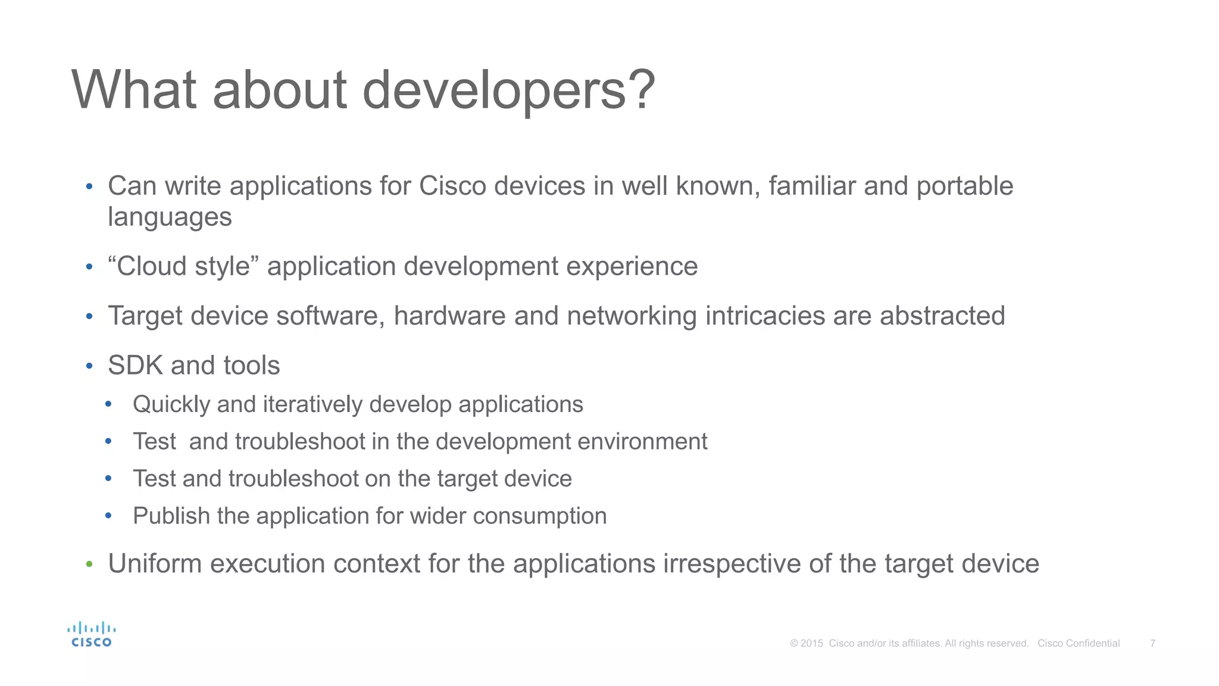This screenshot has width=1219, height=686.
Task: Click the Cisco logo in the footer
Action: [91, 635]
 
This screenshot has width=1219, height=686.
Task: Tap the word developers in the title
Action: [494, 91]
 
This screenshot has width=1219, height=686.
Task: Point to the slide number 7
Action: [1152, 643]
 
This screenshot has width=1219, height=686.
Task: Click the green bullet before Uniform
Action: [89, 564]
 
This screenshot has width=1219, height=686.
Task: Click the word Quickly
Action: [171, 404]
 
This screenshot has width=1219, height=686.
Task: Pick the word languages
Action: [170, 217]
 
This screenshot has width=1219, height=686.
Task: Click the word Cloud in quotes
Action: [151, 266]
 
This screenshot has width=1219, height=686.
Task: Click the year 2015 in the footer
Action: [812, 643]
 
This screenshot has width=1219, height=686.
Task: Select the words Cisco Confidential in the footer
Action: [1079, 643]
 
